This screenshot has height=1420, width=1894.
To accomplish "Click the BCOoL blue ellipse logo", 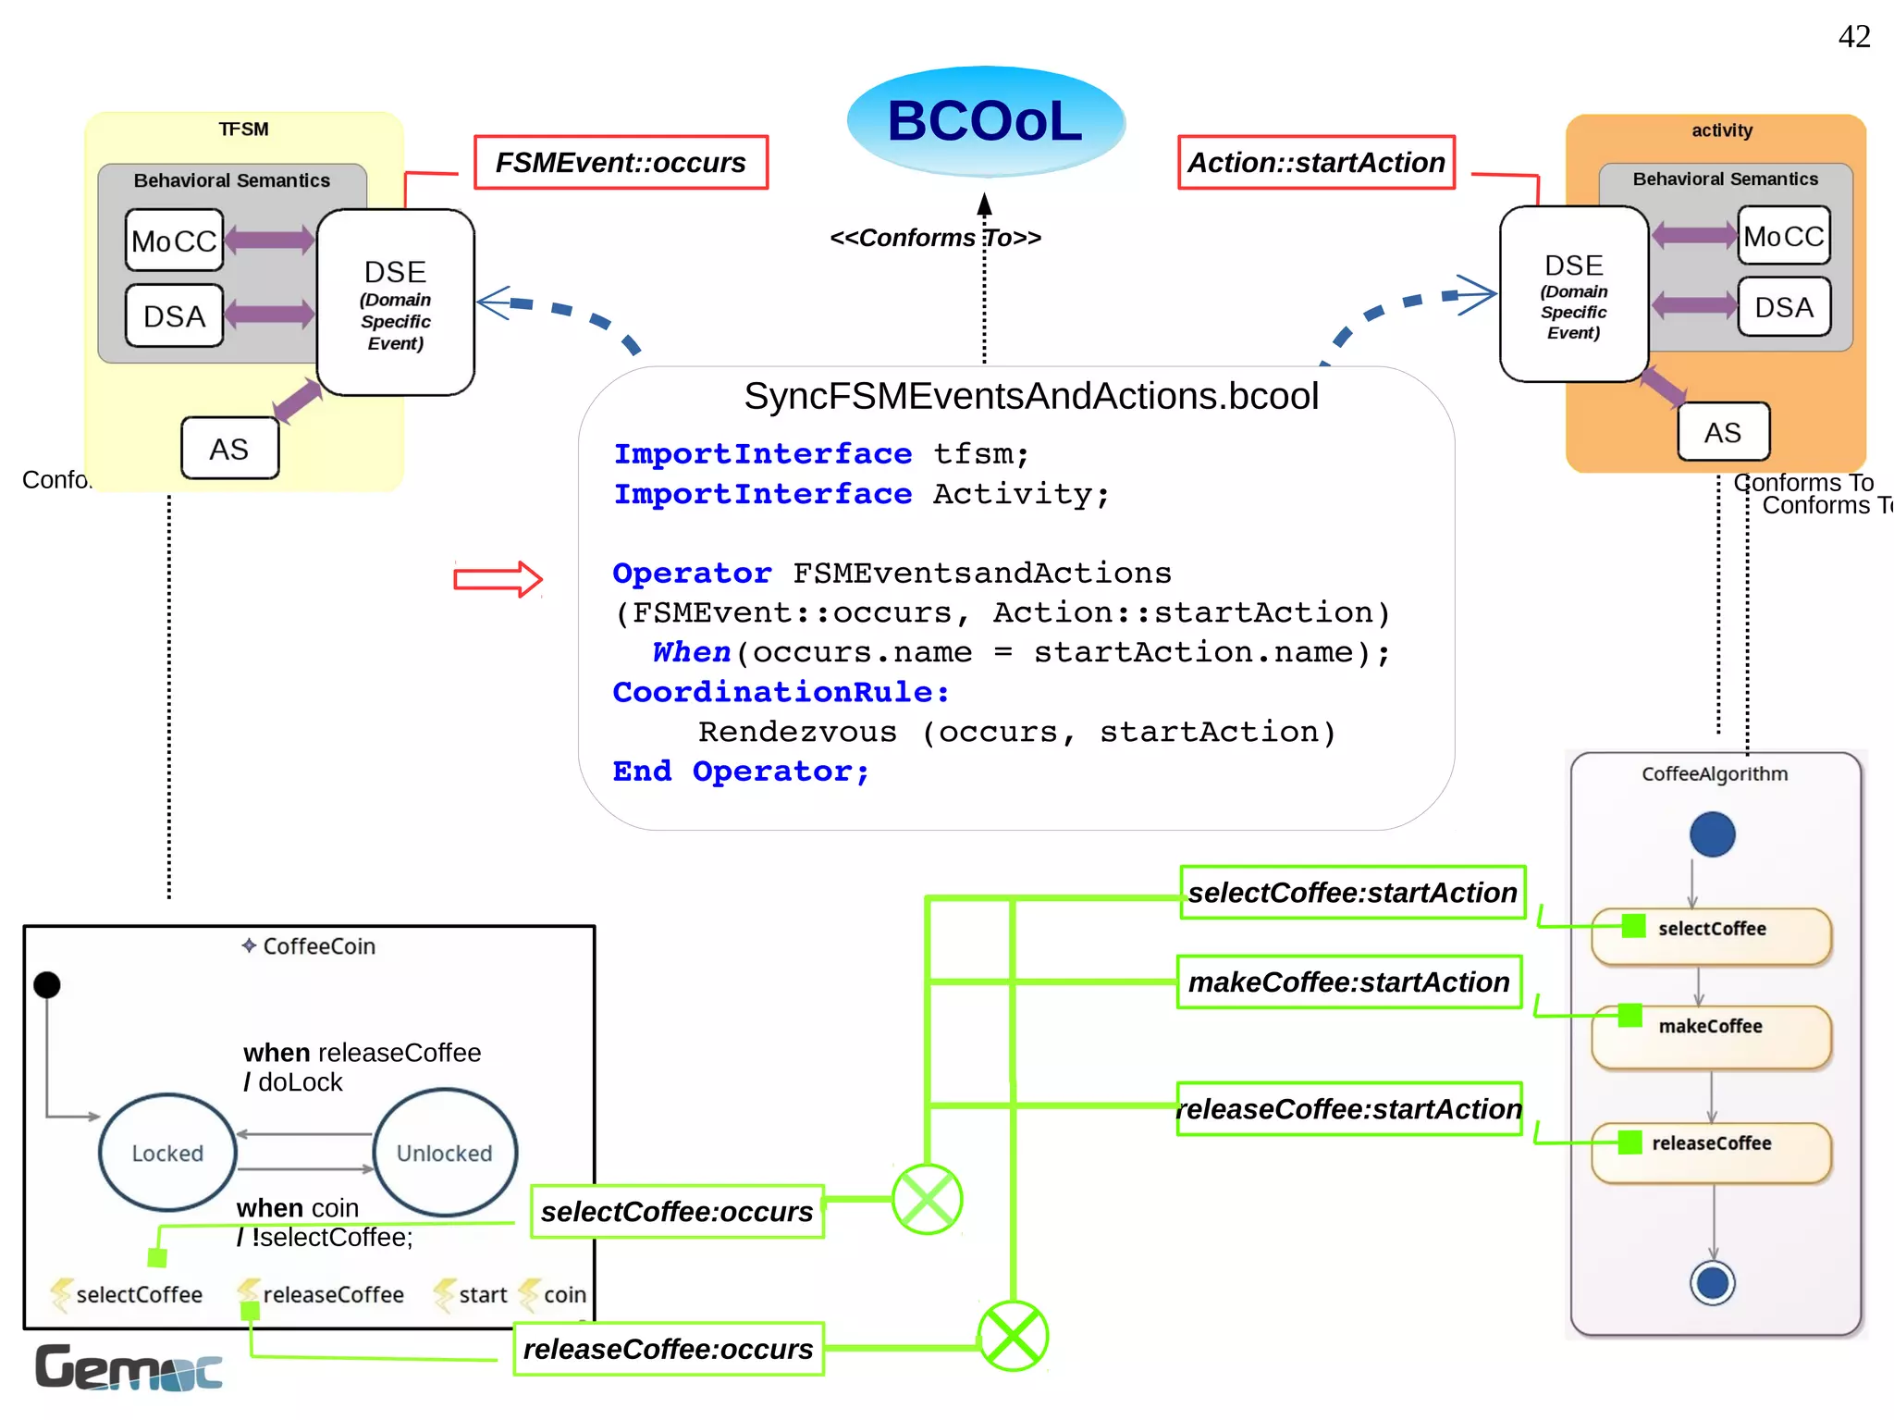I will (x=985, y=121).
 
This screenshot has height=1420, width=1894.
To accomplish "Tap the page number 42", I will (x=1853, y=37).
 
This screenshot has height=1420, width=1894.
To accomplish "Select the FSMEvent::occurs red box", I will (x=621, y=163).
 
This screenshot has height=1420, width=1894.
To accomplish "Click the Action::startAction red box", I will (x=1315, y=163).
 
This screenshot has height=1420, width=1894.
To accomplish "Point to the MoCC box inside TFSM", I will (x=174, y=241).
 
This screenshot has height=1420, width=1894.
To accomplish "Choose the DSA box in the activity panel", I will (x=1783, y=307).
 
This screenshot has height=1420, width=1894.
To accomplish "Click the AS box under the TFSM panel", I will (x=229, y=449).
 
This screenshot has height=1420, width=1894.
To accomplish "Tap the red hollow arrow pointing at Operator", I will (x=498, y=579).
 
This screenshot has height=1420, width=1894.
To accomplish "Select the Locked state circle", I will (x=167, y=1153).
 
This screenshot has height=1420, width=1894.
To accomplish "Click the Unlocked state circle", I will (x=445, y=1153).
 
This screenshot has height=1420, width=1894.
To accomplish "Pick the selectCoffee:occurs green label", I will (x=677, y=1212).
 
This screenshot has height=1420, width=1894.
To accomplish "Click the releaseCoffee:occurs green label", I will (x=668, y=1349).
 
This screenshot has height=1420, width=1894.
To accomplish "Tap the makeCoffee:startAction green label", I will (x=1348, y=982).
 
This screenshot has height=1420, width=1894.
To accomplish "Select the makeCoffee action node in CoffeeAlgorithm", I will (x=1711, y=1036).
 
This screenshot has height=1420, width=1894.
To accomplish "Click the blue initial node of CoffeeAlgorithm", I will (x=1712, y=834).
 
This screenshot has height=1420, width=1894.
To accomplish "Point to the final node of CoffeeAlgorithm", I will (x=1712, y=1283).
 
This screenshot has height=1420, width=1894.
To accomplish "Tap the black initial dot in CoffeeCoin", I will (x=47, y=985).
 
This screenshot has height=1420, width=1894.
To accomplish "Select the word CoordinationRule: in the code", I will (x=781, y=692).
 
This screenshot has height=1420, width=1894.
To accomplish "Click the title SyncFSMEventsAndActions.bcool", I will (x=1030, y=396).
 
